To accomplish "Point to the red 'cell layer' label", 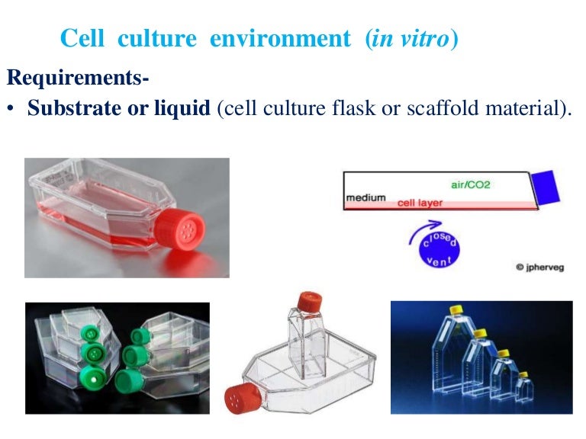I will tap(420, 203).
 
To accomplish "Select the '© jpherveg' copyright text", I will tap(541, 268).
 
